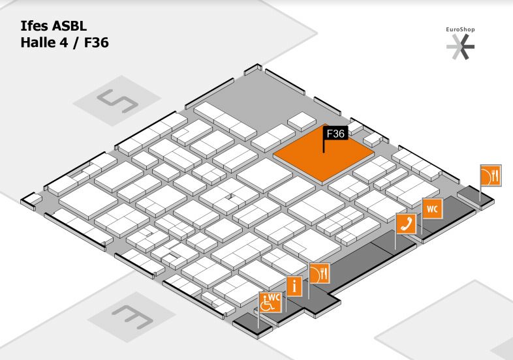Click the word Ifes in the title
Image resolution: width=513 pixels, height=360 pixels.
click(x=35, y=26)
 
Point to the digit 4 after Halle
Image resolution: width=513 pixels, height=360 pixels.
click(x=63, y=43)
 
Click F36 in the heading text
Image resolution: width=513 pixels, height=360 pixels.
click(x=97, y=43)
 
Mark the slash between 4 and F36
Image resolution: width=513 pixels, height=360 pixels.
click(x=76, y=43)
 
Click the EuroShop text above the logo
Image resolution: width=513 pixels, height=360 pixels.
click(x=460, y=29)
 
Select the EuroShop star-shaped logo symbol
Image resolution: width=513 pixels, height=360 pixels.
click(x=461, y=46)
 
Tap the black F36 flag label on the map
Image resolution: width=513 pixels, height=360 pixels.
click(x=335, y=134)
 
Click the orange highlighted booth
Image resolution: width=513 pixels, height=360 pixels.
click(x=323, y=155)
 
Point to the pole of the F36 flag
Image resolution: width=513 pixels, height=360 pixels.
click(x=324, y=146)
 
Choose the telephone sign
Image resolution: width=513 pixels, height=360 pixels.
click(x=406, y=224)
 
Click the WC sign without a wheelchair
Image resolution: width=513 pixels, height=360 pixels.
click(x=433, y=208)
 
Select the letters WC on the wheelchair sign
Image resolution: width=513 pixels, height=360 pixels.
click(x=275, y=297)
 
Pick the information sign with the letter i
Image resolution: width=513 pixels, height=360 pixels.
click(x=294, y=286)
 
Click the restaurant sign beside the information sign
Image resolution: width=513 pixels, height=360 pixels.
click(x=320, y=273)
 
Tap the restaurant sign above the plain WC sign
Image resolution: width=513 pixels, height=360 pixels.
click(x=491, y=175)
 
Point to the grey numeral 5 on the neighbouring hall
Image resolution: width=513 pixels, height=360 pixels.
click(x=117, y=100)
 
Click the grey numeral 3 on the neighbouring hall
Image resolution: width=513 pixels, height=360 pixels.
click(x=132, y=316)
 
